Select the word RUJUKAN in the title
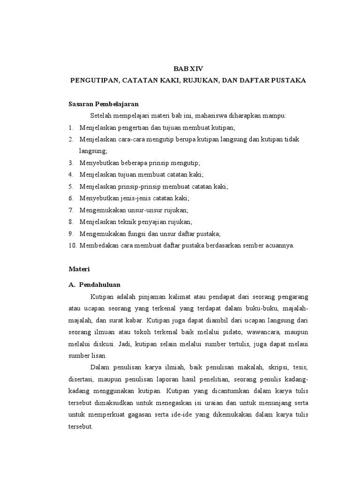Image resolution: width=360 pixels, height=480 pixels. pyautogui.click(x=188, y=80)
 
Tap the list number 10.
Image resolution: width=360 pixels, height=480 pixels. pyautogui.click(x=72, y=245)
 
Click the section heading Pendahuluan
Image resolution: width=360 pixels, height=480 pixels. pyautogui.click(x=100, y=284)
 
